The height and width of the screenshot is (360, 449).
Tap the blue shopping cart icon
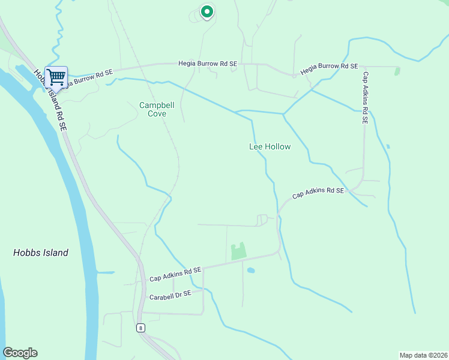[56, 77]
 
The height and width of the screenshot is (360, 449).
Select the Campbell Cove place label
[157, 109]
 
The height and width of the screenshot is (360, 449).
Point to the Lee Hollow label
[270, 146]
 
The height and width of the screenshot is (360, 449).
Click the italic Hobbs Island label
[41, 253]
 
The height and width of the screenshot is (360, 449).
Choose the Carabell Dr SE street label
[170, 295]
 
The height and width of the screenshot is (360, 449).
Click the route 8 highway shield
[140, 328]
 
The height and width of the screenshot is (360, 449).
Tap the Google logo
[20, 353]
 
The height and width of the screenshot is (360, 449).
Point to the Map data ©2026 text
[423, 355]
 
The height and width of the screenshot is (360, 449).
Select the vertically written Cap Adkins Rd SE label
[364, 98]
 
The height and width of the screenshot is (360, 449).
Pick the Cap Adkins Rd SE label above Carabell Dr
[175, 274]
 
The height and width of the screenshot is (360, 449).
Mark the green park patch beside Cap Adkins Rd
[239, 251]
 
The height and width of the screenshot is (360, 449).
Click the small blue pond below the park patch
[251, 271]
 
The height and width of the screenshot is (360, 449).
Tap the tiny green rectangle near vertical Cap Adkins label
[397, 71]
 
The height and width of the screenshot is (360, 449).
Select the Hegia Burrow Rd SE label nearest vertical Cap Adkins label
[329, 67]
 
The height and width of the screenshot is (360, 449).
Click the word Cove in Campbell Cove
[157, 113]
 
